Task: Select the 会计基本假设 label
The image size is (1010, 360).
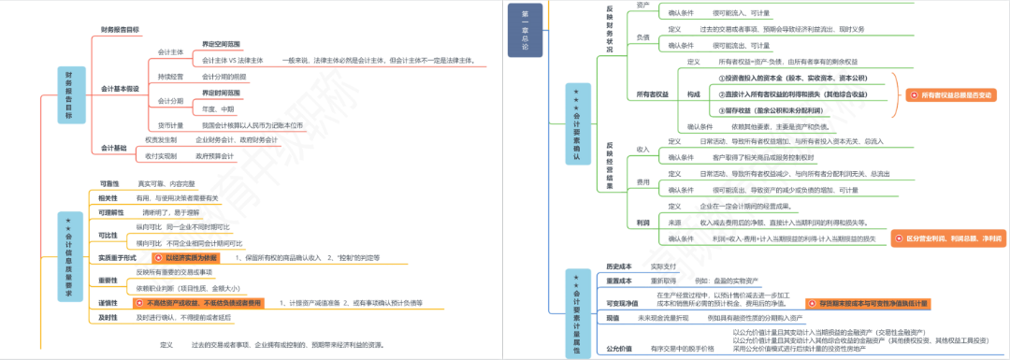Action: point(120,89)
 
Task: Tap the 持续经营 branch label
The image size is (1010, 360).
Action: point(170,76)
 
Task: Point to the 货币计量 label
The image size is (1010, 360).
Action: point(170,124)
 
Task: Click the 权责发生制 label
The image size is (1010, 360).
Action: point(161,139)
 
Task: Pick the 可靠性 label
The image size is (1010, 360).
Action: point(108,182)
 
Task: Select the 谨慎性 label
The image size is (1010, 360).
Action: point(108,303)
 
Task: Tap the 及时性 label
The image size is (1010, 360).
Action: point(108,318)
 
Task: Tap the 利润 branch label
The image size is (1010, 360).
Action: point(642,223)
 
